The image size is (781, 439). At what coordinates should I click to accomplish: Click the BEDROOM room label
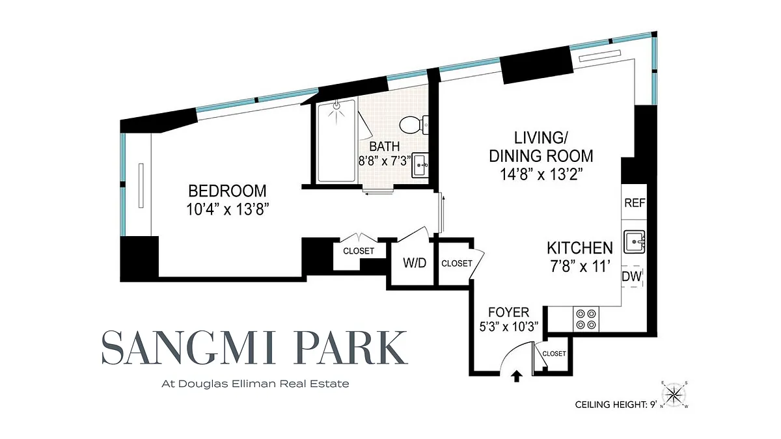(x=227, y=191)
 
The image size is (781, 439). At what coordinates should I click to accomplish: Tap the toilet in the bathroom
(x=414, y=125)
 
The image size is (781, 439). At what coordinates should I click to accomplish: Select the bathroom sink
(x=420, y=165)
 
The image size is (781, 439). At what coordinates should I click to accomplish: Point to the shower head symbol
(x=337, y=105)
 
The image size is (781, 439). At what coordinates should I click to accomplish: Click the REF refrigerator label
(x=635, y=203)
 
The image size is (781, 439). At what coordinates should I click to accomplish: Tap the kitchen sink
(x=635, y=241)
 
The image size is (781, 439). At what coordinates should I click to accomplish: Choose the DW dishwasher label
(x=632, y=276)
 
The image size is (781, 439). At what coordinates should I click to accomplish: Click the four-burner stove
(x=586, y=319)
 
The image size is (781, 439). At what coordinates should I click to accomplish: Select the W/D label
(x=415, y=263)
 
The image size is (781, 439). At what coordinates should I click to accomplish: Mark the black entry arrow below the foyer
(x=516, y=377)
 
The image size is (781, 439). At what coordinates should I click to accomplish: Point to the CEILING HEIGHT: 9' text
(x=616, y=405)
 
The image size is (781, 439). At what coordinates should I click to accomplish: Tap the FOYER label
(x=509, y=312)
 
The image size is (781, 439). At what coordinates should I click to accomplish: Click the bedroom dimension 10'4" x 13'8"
(x=228, y=209)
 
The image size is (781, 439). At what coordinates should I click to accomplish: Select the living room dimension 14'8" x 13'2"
(x=541, y=174)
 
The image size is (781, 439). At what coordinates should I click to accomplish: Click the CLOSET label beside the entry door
(x=554, y=353)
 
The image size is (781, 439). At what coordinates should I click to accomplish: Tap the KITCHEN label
(x=580, y=248)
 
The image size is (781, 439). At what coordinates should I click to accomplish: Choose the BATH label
(x=385, y=146)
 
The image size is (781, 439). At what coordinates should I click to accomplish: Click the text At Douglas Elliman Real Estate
(x=255, y=384)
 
